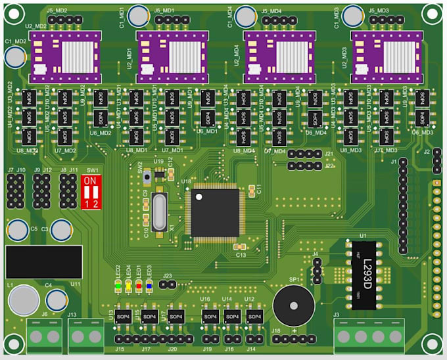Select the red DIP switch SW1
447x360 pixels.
(91, 191)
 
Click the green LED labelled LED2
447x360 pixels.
(118, 286)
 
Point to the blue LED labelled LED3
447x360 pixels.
(149, 286)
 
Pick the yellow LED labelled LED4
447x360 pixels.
(128, 286)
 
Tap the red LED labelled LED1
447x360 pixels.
(139, 286)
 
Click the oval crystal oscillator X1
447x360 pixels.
(158, 211)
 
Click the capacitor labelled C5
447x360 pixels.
(17, 230)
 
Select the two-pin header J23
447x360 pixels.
(167, 284)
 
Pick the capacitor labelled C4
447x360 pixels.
(57, 300)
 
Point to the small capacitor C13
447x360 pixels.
(239, 247)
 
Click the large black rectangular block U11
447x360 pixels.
(43, 261)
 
